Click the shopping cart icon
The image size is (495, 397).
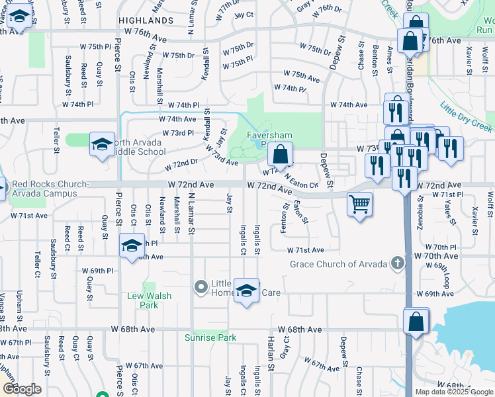pos(359,204)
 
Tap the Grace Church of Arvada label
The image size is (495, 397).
pos(338,265)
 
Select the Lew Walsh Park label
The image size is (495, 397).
pos(149,300)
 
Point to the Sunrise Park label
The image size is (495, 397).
pos(210,337)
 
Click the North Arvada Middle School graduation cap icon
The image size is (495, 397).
pos(102,145)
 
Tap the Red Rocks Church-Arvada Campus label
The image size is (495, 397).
pos(49,189)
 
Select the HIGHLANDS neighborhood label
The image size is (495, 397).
pos(146,21)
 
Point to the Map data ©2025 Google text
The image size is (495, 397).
pos(453,392)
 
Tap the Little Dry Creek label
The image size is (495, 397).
pos(466,116)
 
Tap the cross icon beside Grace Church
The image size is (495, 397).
pos(397,264)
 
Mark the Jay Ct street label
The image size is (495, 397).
pos(244,14)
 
